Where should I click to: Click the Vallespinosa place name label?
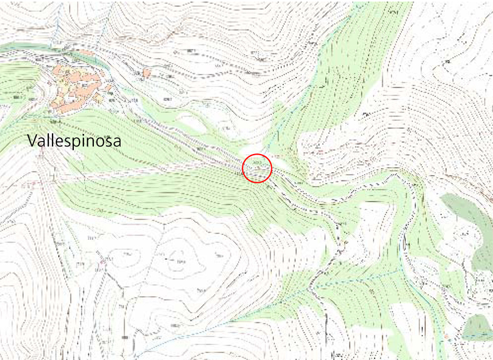pos(75,142)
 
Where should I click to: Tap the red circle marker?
pos(257,168)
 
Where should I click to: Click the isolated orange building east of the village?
pos(147,73)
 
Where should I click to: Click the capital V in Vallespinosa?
pos(33,141)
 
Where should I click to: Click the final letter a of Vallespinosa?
pos(117,142)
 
